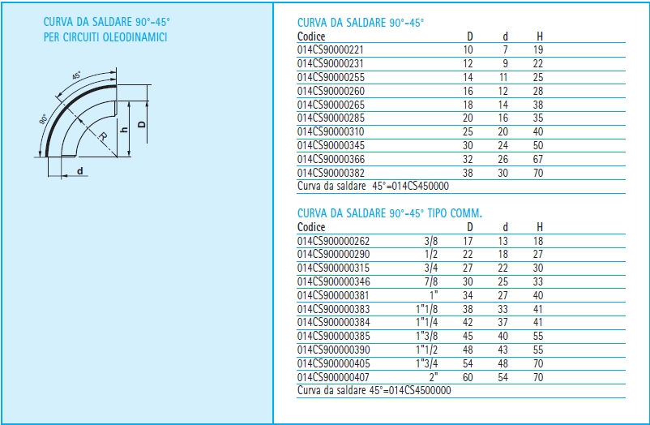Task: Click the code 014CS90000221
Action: pyautogui.click(x=331, y=49)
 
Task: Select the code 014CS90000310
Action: pyautogui.click(x=331, y=131)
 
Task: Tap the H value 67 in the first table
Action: pyautogui.click(x=538, y=159)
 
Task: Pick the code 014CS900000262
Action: pyautogui.click(x=333, y=241)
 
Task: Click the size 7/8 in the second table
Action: pyautogui.click(x=430, y=281)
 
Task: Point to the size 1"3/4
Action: pyautogui.click(x=426, y=363)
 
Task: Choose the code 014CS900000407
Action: pyautogui.click(x=333, y=377)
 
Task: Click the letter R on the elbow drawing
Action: pyautogui.click(x=103, y=135)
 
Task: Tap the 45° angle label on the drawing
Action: pyautogui.click(x=77, y=75)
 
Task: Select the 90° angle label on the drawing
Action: pyautogui.click(x=43, y=118)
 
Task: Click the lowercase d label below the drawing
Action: pyautogui.click(x=80, y=171)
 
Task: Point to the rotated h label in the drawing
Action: pyautogui.click(x=123, y=130)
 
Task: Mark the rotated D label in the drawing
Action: pyautogui.click(x=141, y=124)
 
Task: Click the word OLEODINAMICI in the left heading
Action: pyautogui.click(x=135, y=37)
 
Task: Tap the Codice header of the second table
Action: pyautogui.click(x=311, y=227)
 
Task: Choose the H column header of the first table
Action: pyautogui.click(x=539, y=36)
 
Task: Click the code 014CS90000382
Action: pyautogui.click(x=331, y=173)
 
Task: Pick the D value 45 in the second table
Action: pyautogui.click(x=468, y=336)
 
